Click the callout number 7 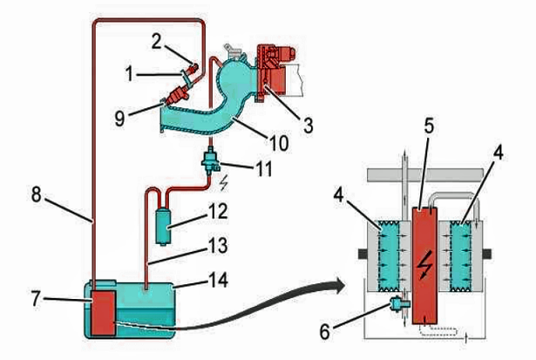pyautogui.click(x=37, y=298)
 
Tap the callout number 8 pyautogui.click(x=37, y=194)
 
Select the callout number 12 pyautogui.click(x=217, y=211)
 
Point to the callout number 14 pyautogui.click(x=218, y=280)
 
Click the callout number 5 pyautogui.click(x=429, y=126)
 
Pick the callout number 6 pyautogui.click(x=325, y=331)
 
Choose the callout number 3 pyautogui.click(x=308, y=126)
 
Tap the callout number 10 pyautogui.click(x=279, y=143)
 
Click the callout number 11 pyautogui.click(x=264, y=168)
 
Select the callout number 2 pyautogui.click(x=156, y=42)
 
